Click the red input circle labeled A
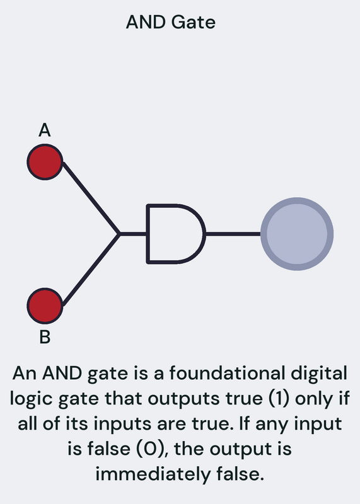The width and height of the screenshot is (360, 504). (x=45, y=162)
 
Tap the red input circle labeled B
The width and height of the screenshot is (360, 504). (x=45, y=306)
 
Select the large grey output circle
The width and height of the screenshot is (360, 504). (x=296, y=234)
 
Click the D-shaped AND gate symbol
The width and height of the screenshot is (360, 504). (x=176, y=234)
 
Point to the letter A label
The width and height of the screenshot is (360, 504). (x=45, y=130)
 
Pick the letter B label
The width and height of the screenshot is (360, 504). (x=45, y=337)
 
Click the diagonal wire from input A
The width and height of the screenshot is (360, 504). (x=91, y=198)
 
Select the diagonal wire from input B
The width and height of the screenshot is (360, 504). (x=91, y=270)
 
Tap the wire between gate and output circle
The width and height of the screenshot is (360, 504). (x=233, y=234)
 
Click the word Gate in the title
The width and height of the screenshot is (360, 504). (x=193, y=23)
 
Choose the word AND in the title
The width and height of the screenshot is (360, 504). (x=146, y=23)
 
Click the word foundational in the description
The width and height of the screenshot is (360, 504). (x=227, y=373)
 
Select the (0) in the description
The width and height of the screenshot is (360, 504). (x=151, y=449)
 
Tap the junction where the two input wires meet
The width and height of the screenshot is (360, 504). (x=119, y=234)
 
